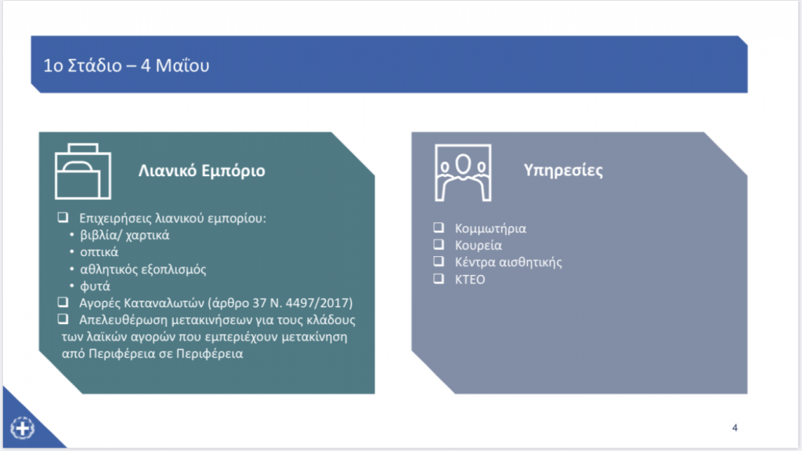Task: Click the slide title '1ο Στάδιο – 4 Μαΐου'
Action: pyautogui.click(x=126, y=66)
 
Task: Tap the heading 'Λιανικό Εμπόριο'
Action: pyautogui.click(x=201, y=171)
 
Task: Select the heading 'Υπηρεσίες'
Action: pyautogui.click(x=563, y=170)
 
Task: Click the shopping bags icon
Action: pyautogui.click(x=83, y=171)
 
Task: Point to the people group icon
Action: pyautogui.click(x=463, y=172)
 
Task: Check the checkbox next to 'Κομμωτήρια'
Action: pyautogui.click(x=439, y=228)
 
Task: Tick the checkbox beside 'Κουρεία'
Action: pyautogui.click(x=439, y=244)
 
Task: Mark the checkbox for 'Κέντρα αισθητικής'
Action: pyautogui.click(x=439, y=262)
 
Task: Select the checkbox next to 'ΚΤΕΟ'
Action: pyautogui.click(x=439, y=279)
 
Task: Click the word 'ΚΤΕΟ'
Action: pyautogui.click(x=470, y=280)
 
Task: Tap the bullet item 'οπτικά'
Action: pyautogui.click(x=99, y=252)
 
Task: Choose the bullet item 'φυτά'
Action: pyautogui.click(x=95, y=287)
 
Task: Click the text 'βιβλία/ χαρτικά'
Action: pyautogui.click(x=125, y=235)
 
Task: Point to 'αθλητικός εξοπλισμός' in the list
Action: pyautogui.click(x=143, y=269)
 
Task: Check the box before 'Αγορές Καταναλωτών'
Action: pyautogui.click(x=63, y=302)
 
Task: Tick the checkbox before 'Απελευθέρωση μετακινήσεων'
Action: pyautogui.click(x=63, y=319)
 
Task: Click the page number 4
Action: pyautogui.click(x=735, y=428)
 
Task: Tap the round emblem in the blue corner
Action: pyautogui.click(x=23, y=428)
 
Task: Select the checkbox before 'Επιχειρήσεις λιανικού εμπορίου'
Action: pyautogui.click(x=63, y=218)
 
